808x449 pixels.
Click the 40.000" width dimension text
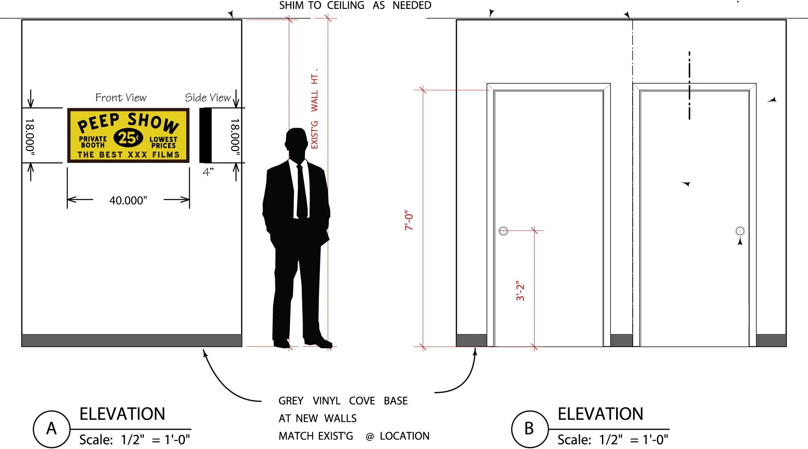pos(128,200)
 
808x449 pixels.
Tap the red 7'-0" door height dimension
pos(409,220)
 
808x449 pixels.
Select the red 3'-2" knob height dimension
pos(520,291)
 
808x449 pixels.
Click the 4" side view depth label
pos(208,172)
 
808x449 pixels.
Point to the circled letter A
pos(52,429)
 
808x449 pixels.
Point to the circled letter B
pos(530,429)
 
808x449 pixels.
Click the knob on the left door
pos(503,231)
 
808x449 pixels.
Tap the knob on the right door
pos(740,231)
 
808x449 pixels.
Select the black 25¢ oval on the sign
pos(128,138)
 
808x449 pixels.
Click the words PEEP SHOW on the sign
pos(128,122)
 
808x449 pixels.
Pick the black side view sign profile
pos(206,135)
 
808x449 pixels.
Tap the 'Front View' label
pos(121,98)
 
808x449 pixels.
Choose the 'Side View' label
pos(208,98)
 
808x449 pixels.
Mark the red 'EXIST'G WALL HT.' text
pos(314,109)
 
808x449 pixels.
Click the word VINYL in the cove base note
pos(326,401)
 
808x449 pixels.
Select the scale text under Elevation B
pos(613,440)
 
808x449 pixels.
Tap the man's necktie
pos(301,192)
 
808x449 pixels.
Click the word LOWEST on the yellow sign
pos(163,139)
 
